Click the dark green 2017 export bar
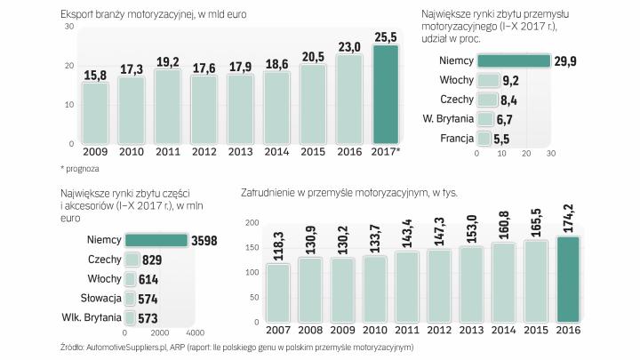pyautogui.click(x=386, y=94)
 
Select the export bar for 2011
pyautogui.click(x=168, y=107)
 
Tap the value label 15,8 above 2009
pyautogui.click(x=95, y=74)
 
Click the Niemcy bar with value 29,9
pyautogui.click(x=514, y=60)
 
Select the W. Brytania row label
pyautogui.click(x=447, y=119)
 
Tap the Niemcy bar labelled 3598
pyautogui.click(x=156, y=240)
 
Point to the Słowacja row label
pyautogui.click(x=100, y=299)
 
